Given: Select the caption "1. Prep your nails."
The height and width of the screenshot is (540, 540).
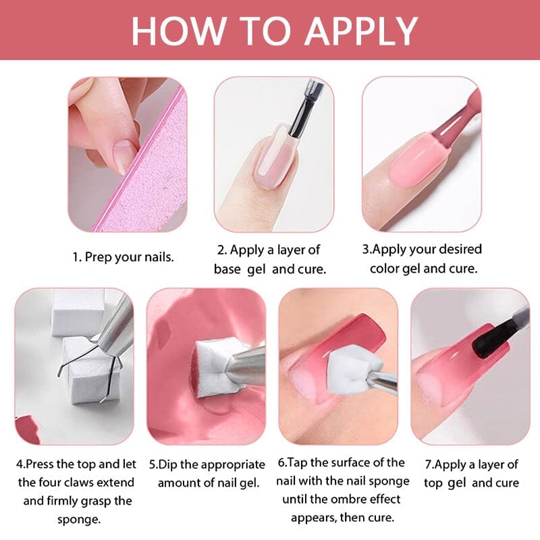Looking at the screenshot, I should click(x=123, y=257).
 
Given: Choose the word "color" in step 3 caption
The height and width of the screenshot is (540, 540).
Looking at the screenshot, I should click(x=400, y=268).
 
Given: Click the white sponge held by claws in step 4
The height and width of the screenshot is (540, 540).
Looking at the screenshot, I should click(x=90, y=367).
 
